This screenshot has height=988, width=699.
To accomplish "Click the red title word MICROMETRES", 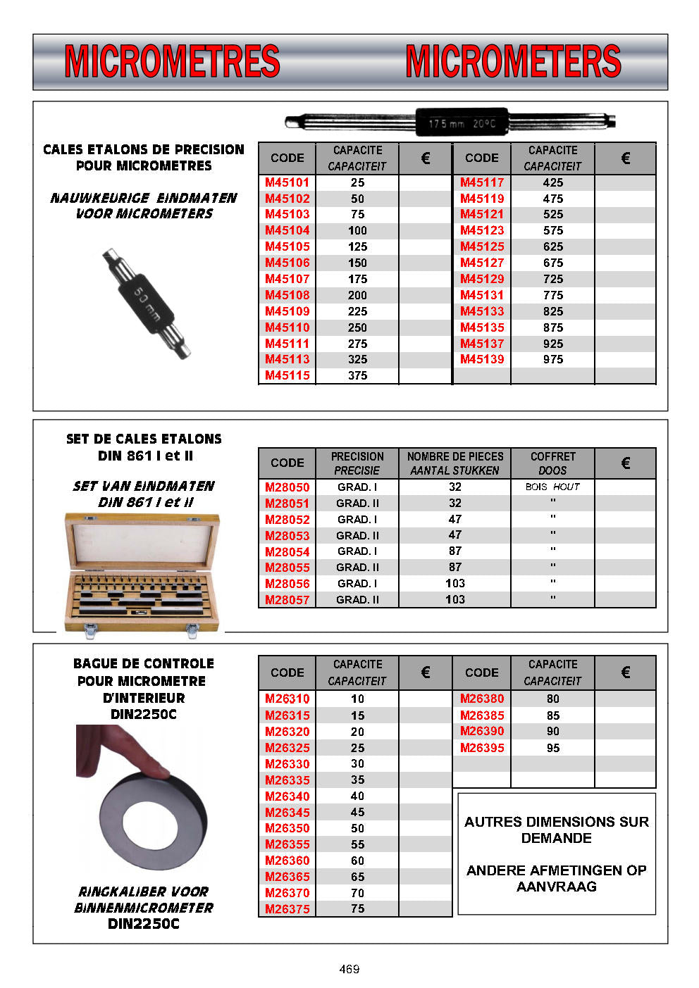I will tap(172, 61).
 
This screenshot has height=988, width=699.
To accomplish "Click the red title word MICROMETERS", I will tap(513, 61).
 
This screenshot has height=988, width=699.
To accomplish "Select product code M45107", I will tap(287, 279).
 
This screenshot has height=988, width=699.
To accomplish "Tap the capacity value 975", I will tap(553, 359).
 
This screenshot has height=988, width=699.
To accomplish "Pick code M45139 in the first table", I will tap(482, 359).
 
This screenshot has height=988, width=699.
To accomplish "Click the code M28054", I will tap(287, 551).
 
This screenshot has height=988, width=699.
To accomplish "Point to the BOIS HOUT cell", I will tap(552, 487).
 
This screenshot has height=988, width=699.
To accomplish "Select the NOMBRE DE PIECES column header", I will tap(455, 463).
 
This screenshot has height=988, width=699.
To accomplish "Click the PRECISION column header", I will tap(357, 463).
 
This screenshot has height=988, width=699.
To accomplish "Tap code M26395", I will tap(482, 748).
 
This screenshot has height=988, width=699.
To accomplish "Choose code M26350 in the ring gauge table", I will tap(287, 828).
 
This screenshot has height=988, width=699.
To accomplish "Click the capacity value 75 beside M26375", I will tap(357, 908).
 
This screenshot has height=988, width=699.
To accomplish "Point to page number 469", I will tap(349, 969).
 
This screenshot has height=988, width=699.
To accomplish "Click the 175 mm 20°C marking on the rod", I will tap(462, 124).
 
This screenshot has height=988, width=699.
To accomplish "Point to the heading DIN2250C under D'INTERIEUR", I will tap(144, 714).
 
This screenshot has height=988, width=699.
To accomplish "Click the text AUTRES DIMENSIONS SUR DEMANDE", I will tap(557, 830).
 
